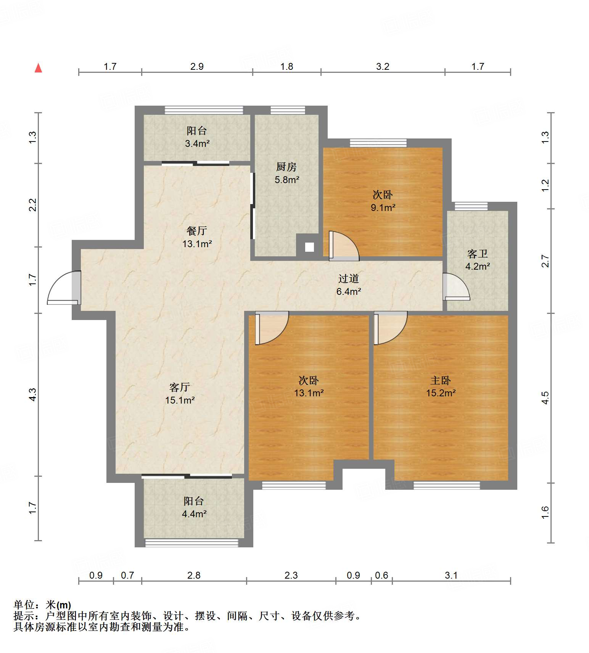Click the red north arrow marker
(38, 68)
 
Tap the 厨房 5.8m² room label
(286, 173)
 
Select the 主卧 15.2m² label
(441, 386)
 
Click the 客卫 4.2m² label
(477, 260)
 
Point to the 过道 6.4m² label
(348, 285)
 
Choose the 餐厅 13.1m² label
(197, 237)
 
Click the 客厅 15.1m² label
(180, 394)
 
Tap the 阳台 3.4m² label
(197, 137)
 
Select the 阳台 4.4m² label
(194, 507)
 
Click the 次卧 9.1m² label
(383, 201)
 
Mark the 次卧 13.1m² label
(309, 386)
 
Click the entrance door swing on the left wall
(64, 288)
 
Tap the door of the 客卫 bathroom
(456, 286)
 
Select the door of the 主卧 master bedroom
(391, 328)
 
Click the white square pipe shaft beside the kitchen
(309, 247)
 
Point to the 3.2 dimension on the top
(383, 67)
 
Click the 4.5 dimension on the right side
(546, 398)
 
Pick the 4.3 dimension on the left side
(32, 394)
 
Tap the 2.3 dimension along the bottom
(291, 575)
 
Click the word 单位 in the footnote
(24, 605)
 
